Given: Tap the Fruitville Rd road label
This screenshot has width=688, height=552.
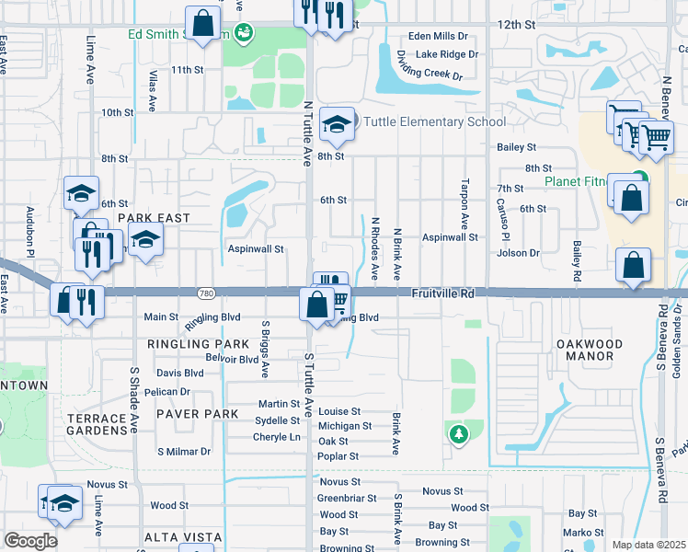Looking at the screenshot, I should (x=442, y=293).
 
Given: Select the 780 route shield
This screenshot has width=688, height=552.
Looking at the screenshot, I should (x=206, y=293).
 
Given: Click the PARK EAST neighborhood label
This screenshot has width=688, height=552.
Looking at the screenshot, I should (x=154, y=218).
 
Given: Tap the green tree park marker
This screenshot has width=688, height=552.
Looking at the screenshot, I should (x=457, y=432).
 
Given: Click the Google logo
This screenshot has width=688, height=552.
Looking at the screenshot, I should (x=30, y=541).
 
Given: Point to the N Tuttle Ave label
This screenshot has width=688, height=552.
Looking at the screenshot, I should (x=308, y=134).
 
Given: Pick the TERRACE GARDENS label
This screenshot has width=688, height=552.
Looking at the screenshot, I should (x=97, y=424).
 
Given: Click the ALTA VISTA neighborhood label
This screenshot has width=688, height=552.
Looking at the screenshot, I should (x=182, y=537).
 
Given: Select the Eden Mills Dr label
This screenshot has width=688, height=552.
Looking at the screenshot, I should (x=439, y=37).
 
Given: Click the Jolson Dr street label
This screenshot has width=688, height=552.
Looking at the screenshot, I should (x=520, y=253).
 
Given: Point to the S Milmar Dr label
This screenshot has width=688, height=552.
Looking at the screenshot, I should (x=184, y=452).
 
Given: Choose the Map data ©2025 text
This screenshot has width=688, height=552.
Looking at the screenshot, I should (x=648, y=545).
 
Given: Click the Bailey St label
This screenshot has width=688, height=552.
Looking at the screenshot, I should (x=516, y=147).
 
